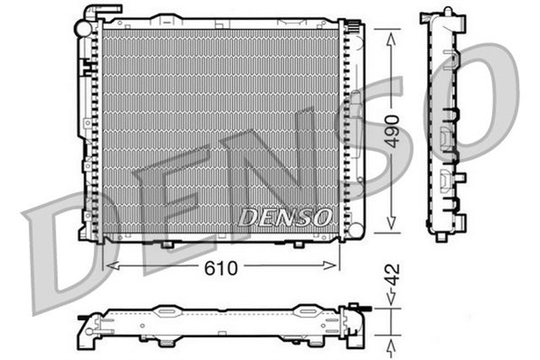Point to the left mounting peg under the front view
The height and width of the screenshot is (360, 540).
click(167, 244)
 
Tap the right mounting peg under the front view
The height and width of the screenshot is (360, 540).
click(298, 244)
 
